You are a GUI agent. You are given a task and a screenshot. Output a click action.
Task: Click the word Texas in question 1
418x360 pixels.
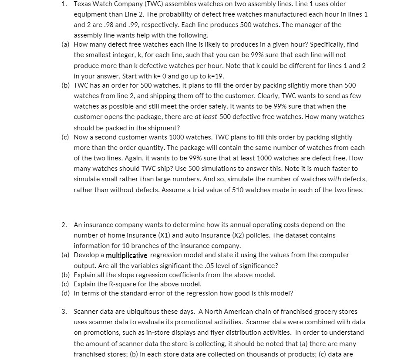click(82, 4)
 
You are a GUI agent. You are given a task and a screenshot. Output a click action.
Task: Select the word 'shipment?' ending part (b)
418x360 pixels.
click(166, 128)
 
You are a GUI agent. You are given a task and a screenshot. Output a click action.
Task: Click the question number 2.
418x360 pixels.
click(64, 225)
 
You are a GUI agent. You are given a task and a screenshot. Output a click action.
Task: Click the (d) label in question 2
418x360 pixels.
click(66, 293)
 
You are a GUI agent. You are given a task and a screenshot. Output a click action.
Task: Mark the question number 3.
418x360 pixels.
click(64, 312)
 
